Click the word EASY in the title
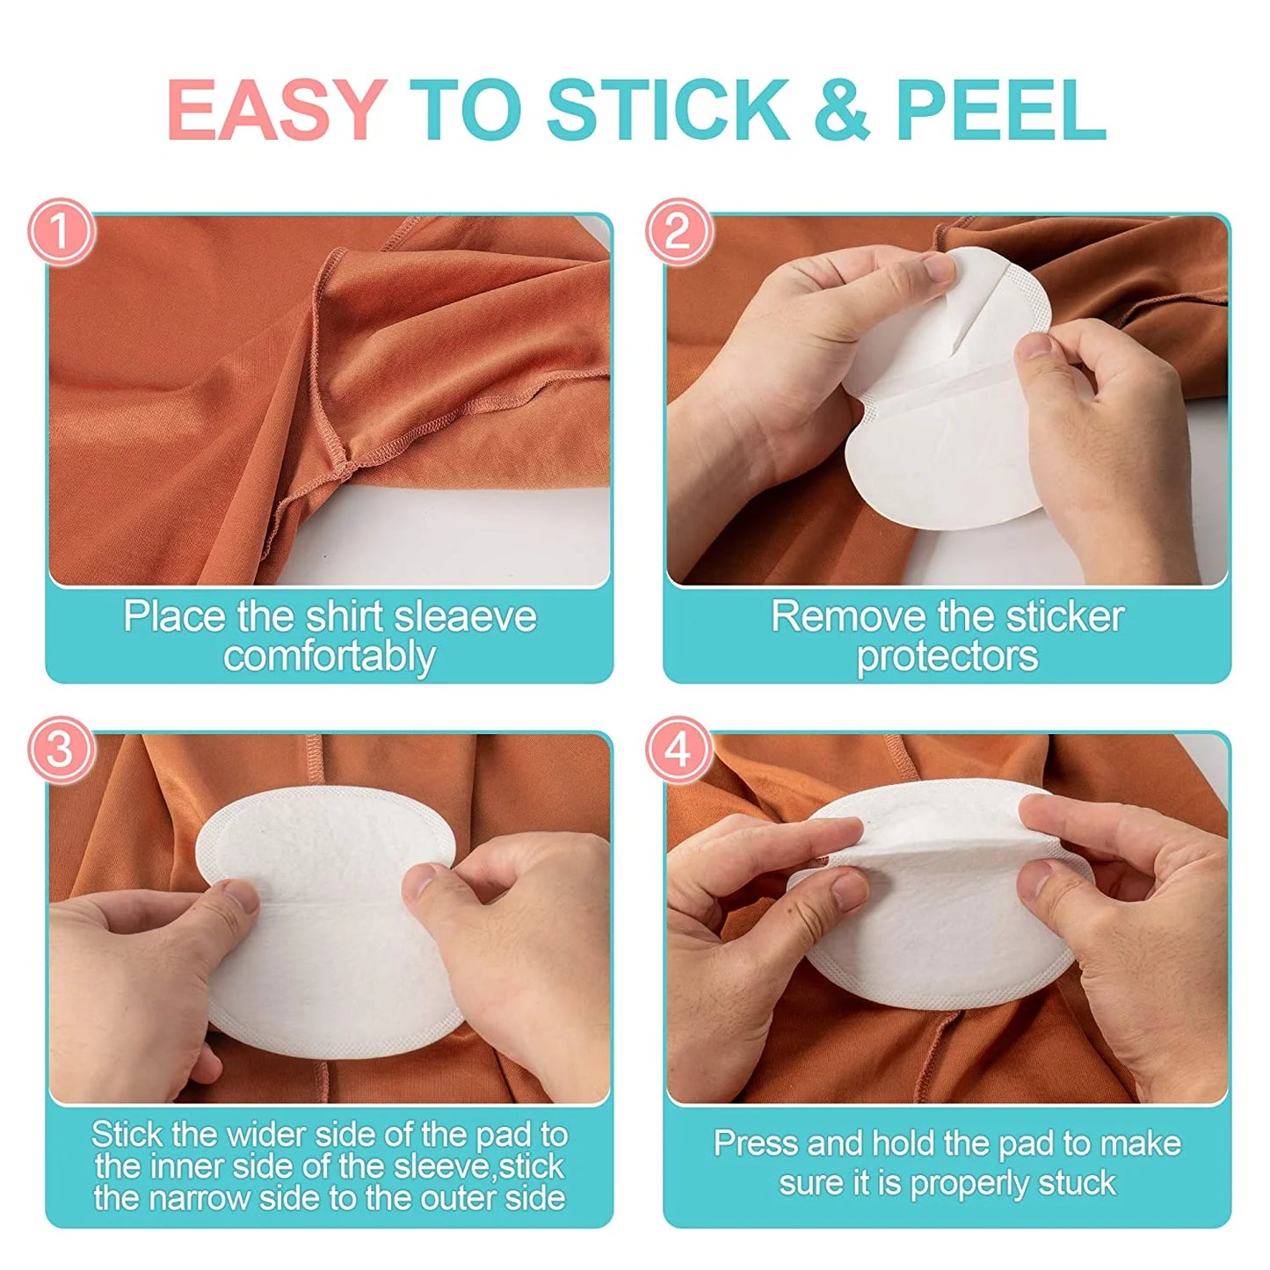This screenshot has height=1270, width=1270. pyautogui.click(x=277, y=110)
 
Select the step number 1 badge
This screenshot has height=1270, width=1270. pyautogui.click(x=61, y=231)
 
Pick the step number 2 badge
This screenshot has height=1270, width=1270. pyautogui.click(x=678, y=231)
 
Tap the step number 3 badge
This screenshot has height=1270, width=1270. pyautogui.click(x=61, y=750)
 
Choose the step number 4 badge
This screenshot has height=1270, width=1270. pyautogui.click(x=678, y=750)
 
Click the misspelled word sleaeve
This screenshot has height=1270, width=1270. pyautogui.click(x=465, y=616)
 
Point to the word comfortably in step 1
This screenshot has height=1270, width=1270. pyautogui.click(x=329, y=657)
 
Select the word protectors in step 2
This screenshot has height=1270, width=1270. pyautogui.click(x=947, y=657)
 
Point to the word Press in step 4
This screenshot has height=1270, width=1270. pyautogui.click(x=755, y=1143)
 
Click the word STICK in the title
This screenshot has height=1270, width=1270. pyautogui.click(x=668, y=110)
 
